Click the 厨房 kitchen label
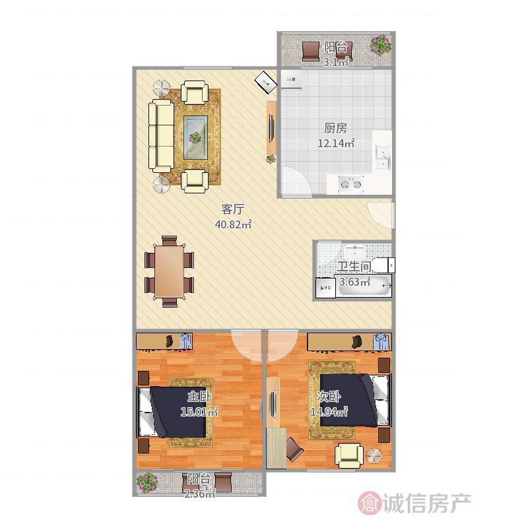[x=335, y=128]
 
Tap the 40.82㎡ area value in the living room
[x=233, y=225]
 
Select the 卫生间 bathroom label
[x=354, y=268]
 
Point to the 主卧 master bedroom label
[x=199, y=397]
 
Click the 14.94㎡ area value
[x=329, y=412]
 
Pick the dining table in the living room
[x=169, y=271]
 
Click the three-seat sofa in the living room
[x=160, y=135]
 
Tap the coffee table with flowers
[x=196, y=137]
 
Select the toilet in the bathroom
[x=381, y=265]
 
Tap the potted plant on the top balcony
[x=379, y=45]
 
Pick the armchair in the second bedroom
[x=348, y=454]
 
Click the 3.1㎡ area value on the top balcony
[x=335, y=63]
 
